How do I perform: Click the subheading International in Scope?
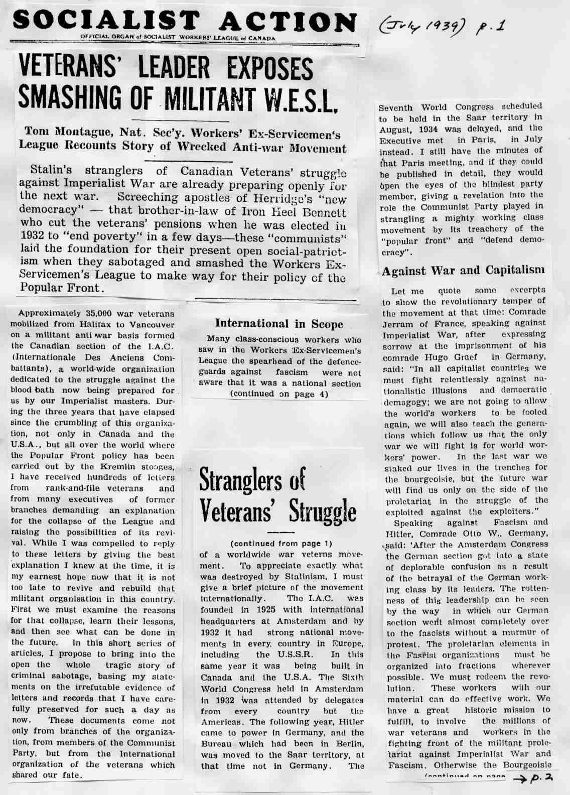[x=279, y=324]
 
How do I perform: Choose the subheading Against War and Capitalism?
[x=463, y=271]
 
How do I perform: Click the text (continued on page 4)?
[x=278, y=394]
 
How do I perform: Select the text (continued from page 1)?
[x=281, y=544]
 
